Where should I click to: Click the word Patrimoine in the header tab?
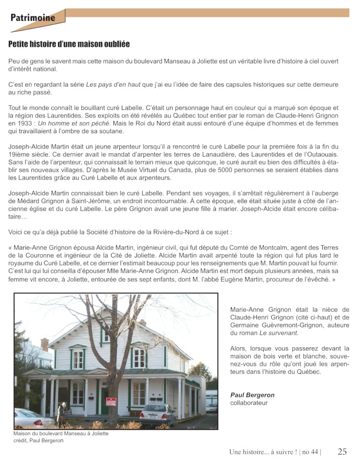(x=33, y=18)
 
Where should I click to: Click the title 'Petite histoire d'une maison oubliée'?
(x=69, y=44)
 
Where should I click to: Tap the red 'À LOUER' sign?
(x=111, y=402)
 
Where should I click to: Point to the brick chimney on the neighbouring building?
(x=45, y=344)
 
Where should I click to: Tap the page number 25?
(x=342, y=452)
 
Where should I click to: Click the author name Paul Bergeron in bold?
(x=252, y=395)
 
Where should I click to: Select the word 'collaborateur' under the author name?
(x=249, y=403)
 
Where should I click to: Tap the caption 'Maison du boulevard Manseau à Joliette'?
(x=61, y=434)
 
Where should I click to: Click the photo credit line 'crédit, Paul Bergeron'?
(x=38, y=440)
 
